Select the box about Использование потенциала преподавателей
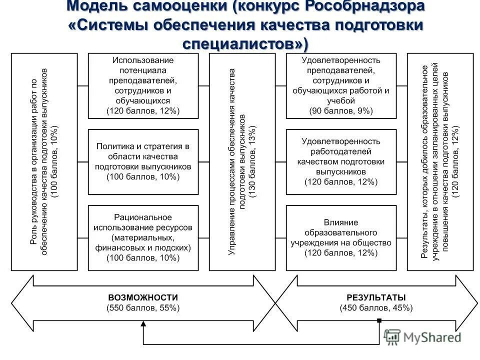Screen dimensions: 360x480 point(143,85)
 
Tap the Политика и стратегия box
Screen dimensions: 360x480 point(143,161)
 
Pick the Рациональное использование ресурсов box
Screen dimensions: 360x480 point(143,238)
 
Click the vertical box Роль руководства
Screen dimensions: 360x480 point(44,161)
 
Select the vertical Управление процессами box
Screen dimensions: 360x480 point(242,161)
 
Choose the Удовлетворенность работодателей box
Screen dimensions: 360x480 point(341,161)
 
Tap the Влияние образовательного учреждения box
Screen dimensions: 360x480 point(341,238)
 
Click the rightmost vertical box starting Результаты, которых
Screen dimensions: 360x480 point(440,161)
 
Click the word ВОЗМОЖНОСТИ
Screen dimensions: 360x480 point(143,297)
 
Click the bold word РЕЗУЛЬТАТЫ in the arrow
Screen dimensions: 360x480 point(376,297)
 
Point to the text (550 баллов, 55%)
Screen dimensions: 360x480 point(143,308)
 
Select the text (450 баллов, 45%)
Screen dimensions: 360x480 point(376,308)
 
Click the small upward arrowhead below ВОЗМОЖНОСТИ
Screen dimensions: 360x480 point(143,324)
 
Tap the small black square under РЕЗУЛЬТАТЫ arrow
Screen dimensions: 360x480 point(379,320)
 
